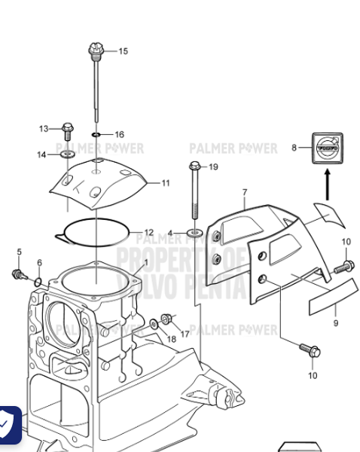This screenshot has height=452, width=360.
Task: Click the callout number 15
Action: pos(123,51)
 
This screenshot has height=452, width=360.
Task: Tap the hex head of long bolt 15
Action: pos(96,50)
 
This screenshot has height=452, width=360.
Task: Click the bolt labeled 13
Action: pos(67,129)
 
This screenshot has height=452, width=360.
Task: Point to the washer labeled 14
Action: pos(67,154)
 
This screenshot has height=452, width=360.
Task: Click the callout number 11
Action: pos(164,182)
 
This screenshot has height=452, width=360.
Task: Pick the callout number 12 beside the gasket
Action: pos(148,232)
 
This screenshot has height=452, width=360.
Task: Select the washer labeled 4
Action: pos(194,234)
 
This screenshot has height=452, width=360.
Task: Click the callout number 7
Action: pos(244,194)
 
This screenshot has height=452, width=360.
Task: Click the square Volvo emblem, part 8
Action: pos(327,148)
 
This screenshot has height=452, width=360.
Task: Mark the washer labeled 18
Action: pos(154,324)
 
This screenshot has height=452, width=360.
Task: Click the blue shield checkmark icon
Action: pos(8,424)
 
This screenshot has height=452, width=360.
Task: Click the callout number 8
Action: pos(294,148)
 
